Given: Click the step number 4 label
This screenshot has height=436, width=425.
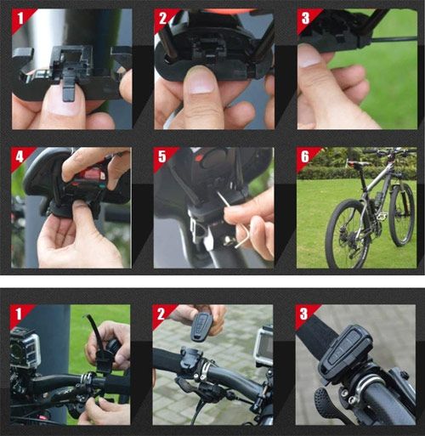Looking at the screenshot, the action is point(20,156).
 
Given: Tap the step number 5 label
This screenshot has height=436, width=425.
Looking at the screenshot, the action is point(161,156).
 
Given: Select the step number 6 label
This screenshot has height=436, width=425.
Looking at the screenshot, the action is point(305,156).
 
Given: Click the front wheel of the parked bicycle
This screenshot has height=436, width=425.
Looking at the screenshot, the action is point(402,214).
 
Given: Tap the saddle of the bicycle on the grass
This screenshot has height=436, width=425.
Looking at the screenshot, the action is point(358,163).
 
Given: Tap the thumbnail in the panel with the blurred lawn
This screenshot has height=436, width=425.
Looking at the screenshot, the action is point(309,56).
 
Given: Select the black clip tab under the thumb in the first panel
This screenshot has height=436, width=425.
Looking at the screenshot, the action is point(69,88).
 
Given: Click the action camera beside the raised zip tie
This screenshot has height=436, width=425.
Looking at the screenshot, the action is point(25,348).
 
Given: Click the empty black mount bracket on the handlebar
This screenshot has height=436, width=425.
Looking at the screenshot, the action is point(190,359).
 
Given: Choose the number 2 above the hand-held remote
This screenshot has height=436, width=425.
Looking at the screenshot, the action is point(161,314).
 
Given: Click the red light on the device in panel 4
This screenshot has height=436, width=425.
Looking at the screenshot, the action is point(92,173).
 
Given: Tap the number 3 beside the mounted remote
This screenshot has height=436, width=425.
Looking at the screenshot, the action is point(303,314).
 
